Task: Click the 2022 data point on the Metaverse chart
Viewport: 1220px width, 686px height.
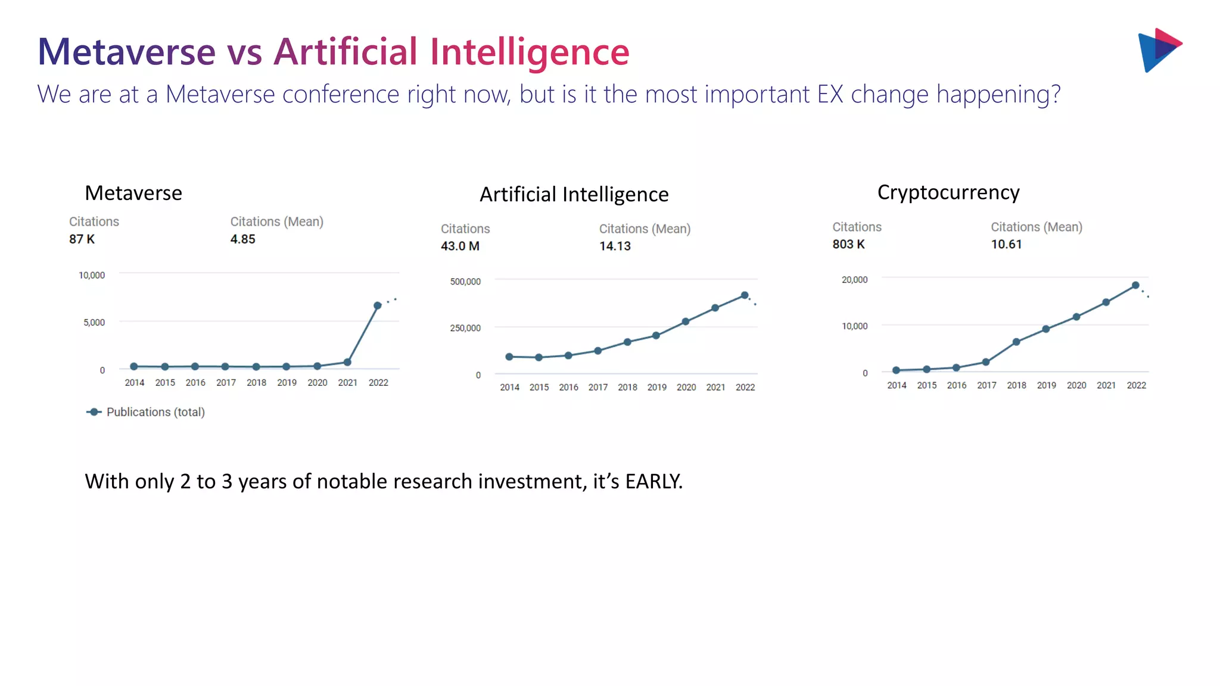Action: [x=377, y=305]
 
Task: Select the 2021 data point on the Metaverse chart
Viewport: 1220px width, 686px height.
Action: [x=347, y=362]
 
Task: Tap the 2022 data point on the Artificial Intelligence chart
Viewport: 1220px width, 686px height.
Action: [x=745, y=295]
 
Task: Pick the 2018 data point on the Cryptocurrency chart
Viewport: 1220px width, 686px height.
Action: [x=1016, y=342]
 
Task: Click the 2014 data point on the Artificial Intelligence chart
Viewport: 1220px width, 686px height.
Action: [x=509, y=357]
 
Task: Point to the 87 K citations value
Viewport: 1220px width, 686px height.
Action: [x=82, y=239]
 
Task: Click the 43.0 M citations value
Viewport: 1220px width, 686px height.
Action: [x=460, y=247]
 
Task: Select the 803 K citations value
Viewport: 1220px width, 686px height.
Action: [x=848, y=245]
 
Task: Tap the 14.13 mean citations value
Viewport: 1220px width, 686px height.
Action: [x=615, y=247]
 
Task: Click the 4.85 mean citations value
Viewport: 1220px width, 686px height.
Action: [x=242, y=239]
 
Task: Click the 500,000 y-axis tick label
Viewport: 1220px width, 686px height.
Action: [x=465, y=282]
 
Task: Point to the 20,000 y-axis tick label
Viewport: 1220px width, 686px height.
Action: [x=854, y=280]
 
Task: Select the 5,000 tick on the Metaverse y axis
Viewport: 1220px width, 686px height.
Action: [x=94, y=323]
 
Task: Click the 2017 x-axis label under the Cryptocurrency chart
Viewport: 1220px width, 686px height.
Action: [x=986, y=385]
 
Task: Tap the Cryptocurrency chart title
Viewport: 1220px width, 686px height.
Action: [x=948, y=192]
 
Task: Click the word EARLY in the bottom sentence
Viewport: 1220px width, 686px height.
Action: [x=653, y=481]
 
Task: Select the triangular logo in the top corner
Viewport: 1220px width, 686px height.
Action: [x=1159, y=50]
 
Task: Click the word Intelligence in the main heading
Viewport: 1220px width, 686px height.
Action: [x=529, y=52]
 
